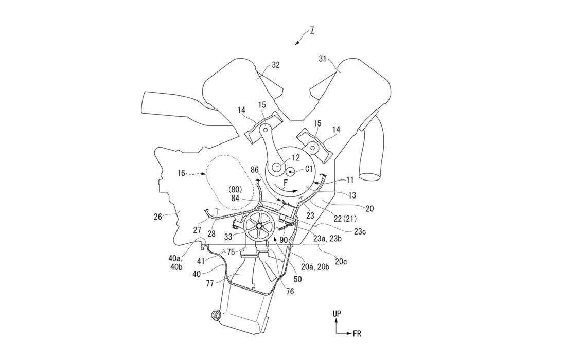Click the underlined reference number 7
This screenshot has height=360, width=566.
point(312,30)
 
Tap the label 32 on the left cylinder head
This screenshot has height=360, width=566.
point(276,66)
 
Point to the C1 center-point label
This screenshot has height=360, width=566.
point(309,169)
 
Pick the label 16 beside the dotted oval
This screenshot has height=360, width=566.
point(181,174)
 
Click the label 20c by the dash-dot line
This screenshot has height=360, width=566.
point(341,261)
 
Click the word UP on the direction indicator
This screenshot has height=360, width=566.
point(337,313)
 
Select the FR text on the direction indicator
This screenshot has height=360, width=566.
point(357,334)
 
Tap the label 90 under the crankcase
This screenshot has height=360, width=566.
point(284,239)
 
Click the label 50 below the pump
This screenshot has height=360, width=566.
point(298,279)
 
